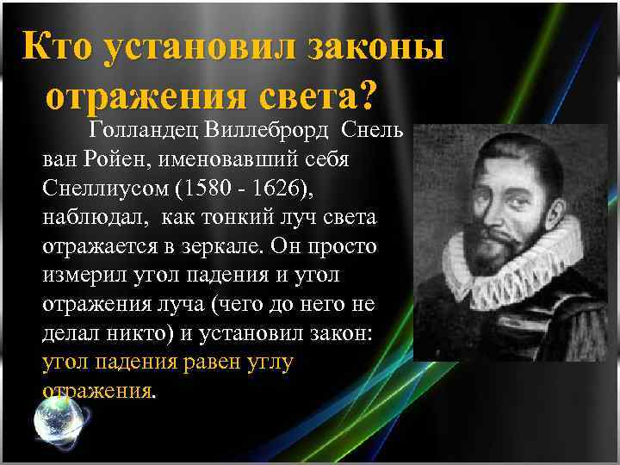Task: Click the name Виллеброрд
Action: pyautogui.click(x=270, y=133)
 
